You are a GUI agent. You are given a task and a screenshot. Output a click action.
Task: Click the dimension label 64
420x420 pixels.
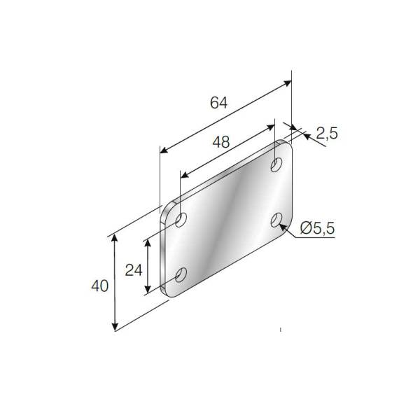click(x=218, y=102)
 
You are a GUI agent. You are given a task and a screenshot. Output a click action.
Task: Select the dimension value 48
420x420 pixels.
click(x=221, y=142)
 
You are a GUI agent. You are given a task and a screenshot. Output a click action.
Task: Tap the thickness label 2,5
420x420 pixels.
click(x=326, y=133)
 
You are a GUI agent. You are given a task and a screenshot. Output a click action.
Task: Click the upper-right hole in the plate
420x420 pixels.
click(x=277, y=165)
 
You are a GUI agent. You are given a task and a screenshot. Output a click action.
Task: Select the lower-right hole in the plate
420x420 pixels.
click(x=277, y=221)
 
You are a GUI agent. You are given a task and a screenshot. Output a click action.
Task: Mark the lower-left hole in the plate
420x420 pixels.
click(x=181, y=275)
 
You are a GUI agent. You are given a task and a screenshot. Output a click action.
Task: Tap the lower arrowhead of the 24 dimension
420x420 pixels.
click(x=148, y=292)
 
